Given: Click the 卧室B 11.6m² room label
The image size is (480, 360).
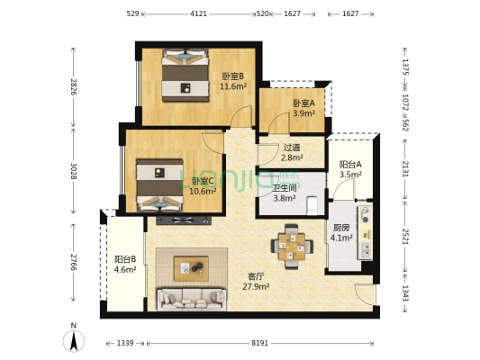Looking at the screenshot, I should [x=233, y=81].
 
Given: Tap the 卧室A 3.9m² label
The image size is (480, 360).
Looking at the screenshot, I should [x=303, y=108].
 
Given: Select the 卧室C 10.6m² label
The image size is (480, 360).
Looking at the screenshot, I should [x=204, y=185].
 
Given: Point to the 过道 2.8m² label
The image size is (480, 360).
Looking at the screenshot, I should [x=292, y=152].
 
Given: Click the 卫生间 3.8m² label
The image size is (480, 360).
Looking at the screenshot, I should [x=285, y=193].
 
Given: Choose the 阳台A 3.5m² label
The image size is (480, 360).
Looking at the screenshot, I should [x=350, y=169].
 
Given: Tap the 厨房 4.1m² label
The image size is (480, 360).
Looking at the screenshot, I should [x=341, y=233].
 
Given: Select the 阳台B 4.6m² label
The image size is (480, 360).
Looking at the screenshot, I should [x=125, y=264].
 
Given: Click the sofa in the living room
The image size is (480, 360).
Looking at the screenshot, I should [x=190, y=298].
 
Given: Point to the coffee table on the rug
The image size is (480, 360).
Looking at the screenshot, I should [x=191, y=266].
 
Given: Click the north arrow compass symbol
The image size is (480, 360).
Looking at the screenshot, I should [x=73, y=341].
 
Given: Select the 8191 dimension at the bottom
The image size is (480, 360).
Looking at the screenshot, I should [x=259, y=343].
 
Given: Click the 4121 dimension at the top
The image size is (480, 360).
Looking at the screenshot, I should [x=198, y=14].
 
